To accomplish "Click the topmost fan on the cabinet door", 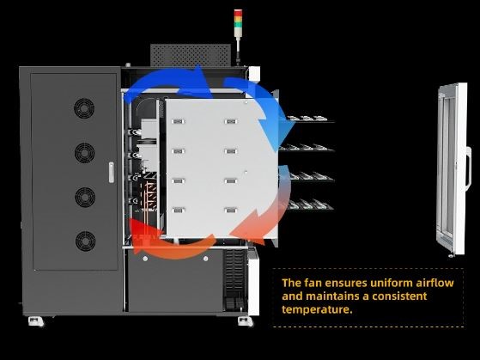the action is coord(84,108).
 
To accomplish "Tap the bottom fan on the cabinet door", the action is coord(85,241).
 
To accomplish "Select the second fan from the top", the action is coord(84,153).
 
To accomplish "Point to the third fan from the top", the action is coord(85,197).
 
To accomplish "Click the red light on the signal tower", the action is coord(238,12).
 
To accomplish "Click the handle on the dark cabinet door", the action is coord(112,173).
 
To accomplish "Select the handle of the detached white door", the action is coord(468,168).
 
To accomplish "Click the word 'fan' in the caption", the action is coord(313,283).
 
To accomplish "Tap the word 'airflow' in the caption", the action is coord(434,283).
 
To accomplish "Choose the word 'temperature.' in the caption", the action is coord(317,309).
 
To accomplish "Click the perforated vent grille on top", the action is coord(191,55).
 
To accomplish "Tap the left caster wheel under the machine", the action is coord(36,321).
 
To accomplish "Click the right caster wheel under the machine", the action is coord(246,321).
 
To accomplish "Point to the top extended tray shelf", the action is coord(310,119).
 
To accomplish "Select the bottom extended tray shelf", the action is coord(310,205).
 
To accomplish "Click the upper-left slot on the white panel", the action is coord(178,122).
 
